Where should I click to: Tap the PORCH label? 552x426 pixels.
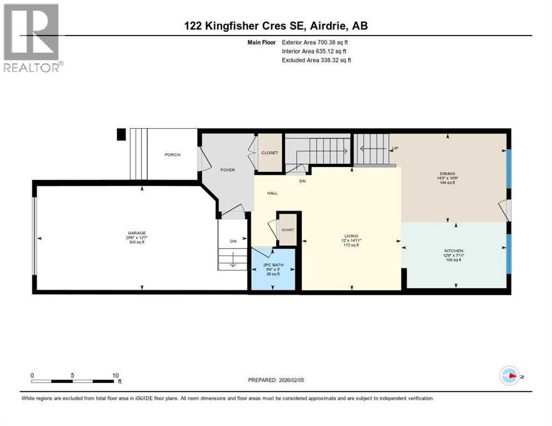(172, 155)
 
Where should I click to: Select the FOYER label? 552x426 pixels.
(228, 170)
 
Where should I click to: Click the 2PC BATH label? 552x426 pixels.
(273, 265)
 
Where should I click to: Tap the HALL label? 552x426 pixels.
(272, 193)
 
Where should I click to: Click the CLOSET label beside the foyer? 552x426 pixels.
(269, 153)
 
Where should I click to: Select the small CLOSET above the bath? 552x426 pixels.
(288, 229)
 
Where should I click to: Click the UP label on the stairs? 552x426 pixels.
(395, 148)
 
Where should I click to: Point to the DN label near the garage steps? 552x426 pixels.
(233, 241)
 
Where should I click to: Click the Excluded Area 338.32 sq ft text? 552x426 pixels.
(316, 60)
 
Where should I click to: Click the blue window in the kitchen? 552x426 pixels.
(508, 254)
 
